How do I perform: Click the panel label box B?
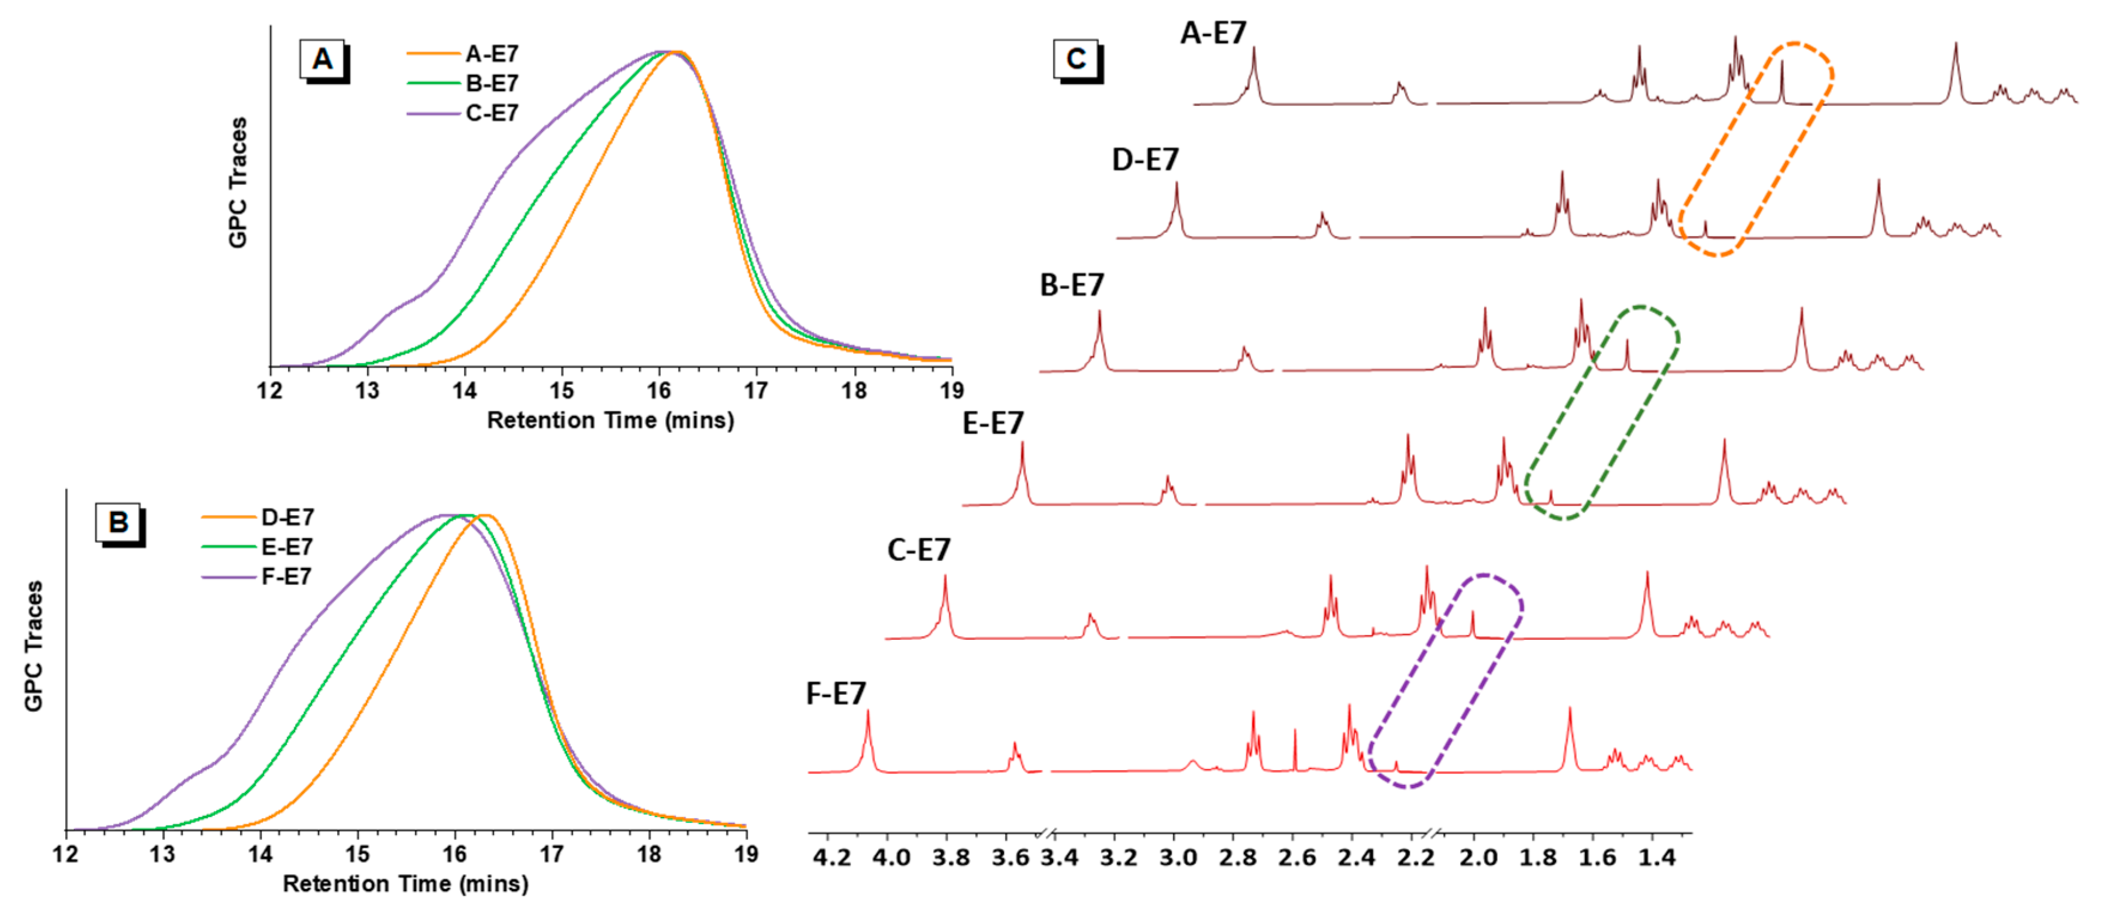119,522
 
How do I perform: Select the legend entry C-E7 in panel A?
491,114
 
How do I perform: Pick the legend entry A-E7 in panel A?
491,54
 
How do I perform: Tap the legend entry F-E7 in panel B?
286,576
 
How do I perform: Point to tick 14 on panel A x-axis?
465,390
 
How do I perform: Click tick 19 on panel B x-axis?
746,854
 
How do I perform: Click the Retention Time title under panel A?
610,421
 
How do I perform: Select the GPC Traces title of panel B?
33,646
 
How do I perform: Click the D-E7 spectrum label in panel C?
1145,160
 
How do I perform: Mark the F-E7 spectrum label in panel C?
835,694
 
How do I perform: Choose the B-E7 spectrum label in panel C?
1071,286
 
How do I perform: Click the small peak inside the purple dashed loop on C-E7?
1472,625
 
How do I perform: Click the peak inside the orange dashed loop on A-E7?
1782,81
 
